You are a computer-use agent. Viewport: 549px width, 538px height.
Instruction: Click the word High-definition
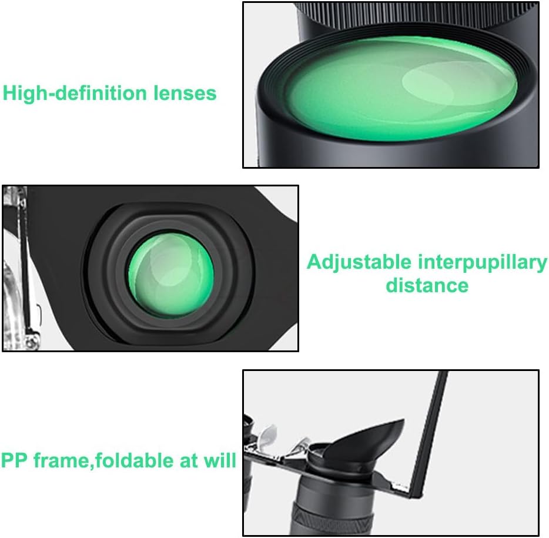[75, 93]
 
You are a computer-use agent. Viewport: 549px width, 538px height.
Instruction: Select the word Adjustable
[359, 263]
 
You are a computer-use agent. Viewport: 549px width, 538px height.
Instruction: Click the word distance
[427, 285]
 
